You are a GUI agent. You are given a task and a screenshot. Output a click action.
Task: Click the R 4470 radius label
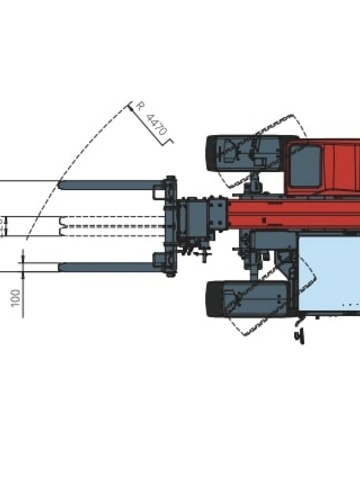tap(152, 119)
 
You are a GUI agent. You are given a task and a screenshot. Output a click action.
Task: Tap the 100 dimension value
tap(16, 298)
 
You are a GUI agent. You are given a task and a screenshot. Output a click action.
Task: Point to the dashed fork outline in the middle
tap(112, 227)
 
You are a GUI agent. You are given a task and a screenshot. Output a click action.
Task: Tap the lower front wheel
tap(248, 299)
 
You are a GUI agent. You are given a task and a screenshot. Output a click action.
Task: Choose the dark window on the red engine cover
tap(305, 166)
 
